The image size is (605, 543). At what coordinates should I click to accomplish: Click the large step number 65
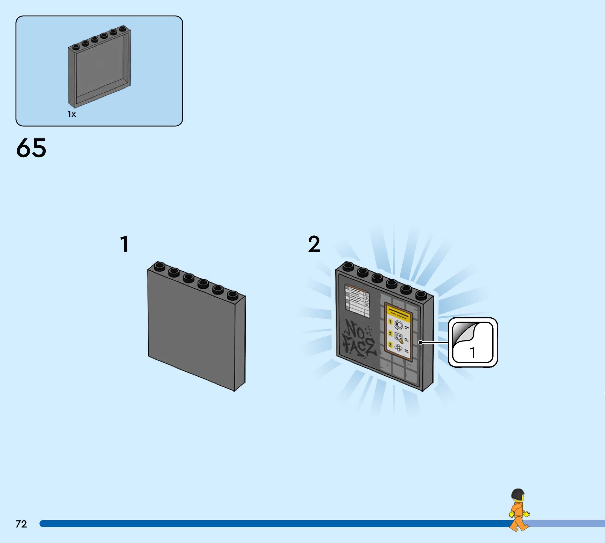pyautogui.click(x=31, y=148)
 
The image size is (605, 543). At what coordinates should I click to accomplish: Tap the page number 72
pyautogui.click(x=21, y=524)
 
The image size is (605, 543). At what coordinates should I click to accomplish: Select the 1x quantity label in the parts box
pyautogui.click(x=72, y=114)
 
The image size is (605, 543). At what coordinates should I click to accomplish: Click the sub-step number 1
pyautogui.click(x=125, y=244)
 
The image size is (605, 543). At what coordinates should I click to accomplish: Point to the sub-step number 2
pyautogui.click(x=314, y=244)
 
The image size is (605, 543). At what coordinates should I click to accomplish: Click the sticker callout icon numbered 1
pyautogui.click(x=473, y=342)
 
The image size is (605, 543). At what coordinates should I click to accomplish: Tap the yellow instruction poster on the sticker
pyautogui.click(x=398, y=331)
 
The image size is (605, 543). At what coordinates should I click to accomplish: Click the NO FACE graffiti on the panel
pyautogui.click(x=359, y=339)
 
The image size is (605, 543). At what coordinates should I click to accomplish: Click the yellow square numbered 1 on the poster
pyautogui.click(x=390, y=322)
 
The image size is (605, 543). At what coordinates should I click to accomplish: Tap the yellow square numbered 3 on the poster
pyautogui.click(x=390, y=345)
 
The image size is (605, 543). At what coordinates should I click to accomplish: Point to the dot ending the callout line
pyautogui.click(x=420, y=342)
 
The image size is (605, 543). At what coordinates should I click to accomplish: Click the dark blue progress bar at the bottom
pyautogui.click(x=268, y=524)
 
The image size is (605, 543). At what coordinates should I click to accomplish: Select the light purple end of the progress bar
pyautogui.click(x=567, y=524)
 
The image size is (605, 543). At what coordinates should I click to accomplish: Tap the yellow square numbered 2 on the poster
pyautogui.click(x=390, y=333)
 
